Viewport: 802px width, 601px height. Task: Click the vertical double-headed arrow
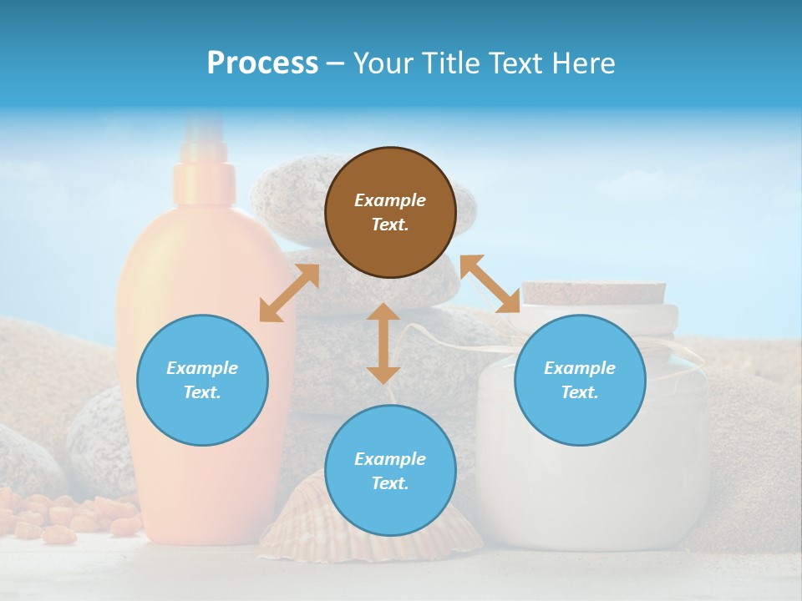click(x=383, y=343)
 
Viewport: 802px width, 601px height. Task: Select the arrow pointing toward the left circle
click(x=289, y=293)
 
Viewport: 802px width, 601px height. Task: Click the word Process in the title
click(x=262, y=63)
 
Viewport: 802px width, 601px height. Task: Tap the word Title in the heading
click(x=451, y=63)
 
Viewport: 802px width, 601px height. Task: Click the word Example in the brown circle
click(x=390, y=200)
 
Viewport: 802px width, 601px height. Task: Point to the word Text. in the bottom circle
click(x=390, y=483)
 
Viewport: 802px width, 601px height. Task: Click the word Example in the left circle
click(x=202, y=368)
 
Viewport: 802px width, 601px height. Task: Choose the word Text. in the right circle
click(x=580, y=392)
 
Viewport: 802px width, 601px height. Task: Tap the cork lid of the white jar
click(x=594, y=292)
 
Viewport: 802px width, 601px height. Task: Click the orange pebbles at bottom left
click(x=67, y=513)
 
